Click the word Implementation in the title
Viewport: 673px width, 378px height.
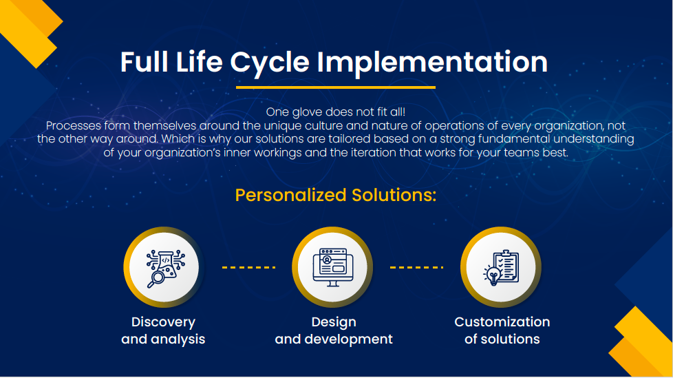point(432,63)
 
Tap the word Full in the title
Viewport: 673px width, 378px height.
point(144,61)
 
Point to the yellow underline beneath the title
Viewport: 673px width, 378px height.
point(336,87)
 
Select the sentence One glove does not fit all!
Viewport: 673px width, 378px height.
point(336,112)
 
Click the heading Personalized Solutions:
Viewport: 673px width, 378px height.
point(336,195)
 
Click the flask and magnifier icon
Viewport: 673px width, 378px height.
point(165,268)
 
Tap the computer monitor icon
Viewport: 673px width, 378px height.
point(333,267)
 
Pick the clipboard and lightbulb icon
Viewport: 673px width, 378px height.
point(501,268)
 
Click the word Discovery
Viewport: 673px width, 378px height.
point(163,322)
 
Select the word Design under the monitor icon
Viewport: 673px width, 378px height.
point(334,322)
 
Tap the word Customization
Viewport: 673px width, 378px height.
point(502,322)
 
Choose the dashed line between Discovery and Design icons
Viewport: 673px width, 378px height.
point(248,267)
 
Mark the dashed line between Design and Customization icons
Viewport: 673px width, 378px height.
point(416,267)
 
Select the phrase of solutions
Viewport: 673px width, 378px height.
point(502,339)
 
